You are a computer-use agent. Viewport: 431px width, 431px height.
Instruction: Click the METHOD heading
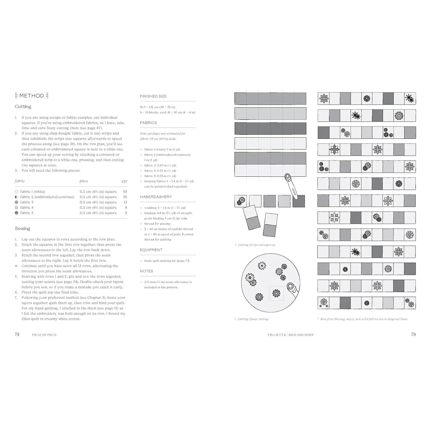[x=31, y=96]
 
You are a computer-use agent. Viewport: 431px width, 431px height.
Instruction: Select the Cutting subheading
[x=23, y=107]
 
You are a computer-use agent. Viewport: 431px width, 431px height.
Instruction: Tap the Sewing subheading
[x=22, y=228]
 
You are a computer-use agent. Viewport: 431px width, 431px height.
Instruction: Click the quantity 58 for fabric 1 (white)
[x=125, y=192]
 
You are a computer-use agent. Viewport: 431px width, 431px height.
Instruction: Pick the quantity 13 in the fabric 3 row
[x=125, y=202]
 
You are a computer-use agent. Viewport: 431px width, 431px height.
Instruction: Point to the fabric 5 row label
[x=27, y=213]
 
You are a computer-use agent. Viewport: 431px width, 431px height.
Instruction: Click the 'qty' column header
[x=124, y=181]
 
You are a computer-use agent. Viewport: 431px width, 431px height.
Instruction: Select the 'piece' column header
[x=84, y=181]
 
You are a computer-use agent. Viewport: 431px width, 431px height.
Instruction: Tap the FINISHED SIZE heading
[x=153, y=96]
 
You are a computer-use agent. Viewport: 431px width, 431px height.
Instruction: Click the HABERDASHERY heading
[x=156, y=197]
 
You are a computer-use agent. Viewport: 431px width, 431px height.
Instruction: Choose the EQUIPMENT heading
[x=151, y=250]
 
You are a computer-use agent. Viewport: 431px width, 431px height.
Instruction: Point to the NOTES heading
[x=146, y=271]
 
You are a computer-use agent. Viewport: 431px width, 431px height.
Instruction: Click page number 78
[x=17, y=334]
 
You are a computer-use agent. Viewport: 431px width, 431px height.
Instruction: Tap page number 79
[x=413, y=334]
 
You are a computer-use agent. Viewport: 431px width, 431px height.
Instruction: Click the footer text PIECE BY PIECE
[x=44, y=335]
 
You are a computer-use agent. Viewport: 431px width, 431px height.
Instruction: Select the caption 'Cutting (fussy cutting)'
[x=253, y=319]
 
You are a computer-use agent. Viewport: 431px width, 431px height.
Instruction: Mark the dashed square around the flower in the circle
[x=276, y=293]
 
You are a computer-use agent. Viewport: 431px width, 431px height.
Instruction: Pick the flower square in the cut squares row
[x=240, y=201]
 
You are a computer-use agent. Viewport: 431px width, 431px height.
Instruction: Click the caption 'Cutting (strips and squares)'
[x=257, y=245]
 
